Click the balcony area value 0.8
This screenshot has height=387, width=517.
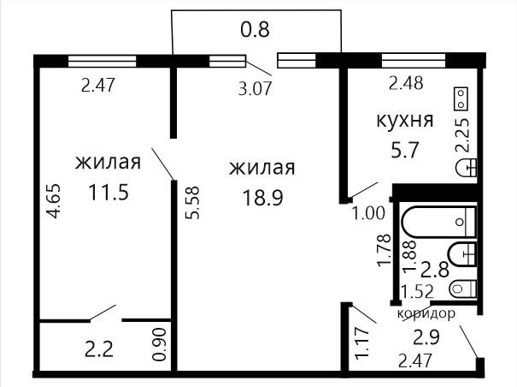[255, 29]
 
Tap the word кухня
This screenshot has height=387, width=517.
[405, 120]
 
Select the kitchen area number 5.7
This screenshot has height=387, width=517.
[404, 150]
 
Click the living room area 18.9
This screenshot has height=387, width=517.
[262, 198]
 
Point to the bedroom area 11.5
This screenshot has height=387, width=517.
[109, 193]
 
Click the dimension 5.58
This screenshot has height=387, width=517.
[192, 203]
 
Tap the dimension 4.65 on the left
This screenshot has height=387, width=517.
[54, 200]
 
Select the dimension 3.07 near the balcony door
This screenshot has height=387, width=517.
[256, 88]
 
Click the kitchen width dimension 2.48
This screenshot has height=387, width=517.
[406, 82]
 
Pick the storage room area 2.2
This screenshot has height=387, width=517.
[99, 349]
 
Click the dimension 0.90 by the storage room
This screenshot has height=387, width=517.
[161, 344]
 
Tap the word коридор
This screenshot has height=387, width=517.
[426, 313]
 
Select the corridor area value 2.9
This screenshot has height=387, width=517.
[426, 337]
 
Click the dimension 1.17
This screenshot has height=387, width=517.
[361, 342]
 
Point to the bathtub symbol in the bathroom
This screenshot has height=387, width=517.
[439, 222]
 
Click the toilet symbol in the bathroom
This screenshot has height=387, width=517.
[463, 289]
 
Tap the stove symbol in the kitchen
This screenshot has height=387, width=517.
[461, 98]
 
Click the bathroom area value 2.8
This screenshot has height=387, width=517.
[435, 269]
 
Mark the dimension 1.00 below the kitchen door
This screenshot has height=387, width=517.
[368, 213]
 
